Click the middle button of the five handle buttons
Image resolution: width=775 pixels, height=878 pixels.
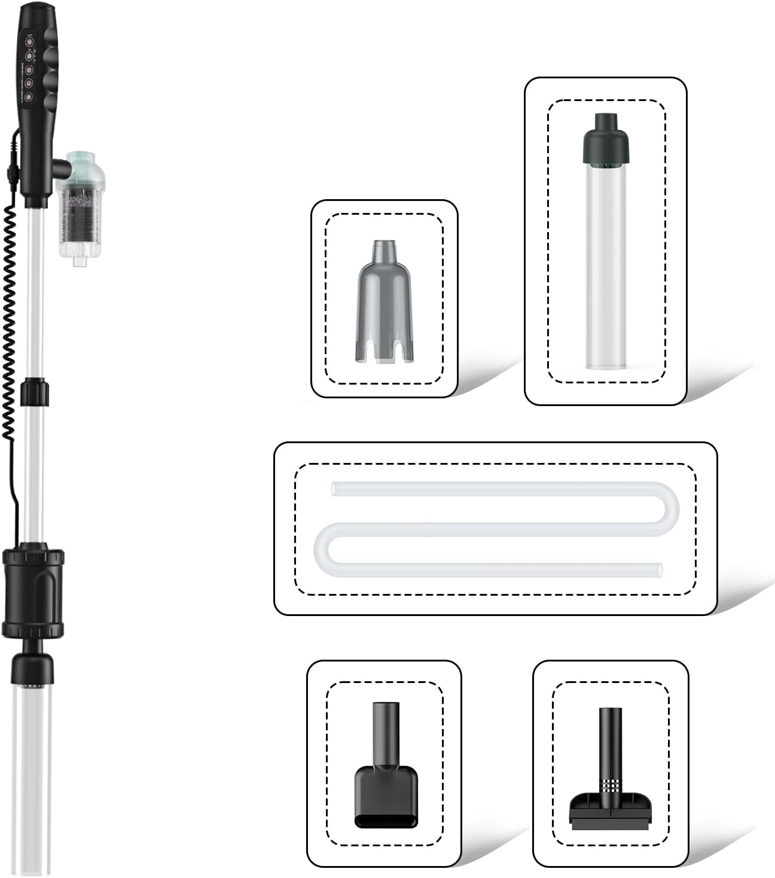pos(28,68)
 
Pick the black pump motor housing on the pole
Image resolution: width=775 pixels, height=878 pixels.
pos(33,592)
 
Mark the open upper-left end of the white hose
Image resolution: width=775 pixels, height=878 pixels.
pos(334,489)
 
